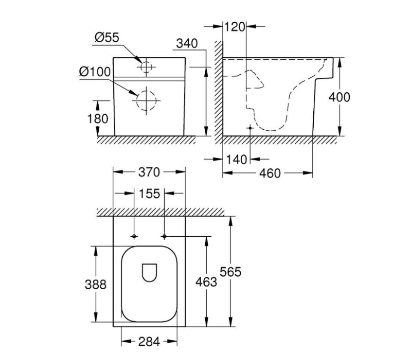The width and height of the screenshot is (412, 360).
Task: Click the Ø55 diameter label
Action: [106, 38]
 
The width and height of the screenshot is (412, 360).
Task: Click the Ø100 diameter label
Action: [95, 72]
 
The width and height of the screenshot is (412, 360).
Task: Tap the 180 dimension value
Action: [98, 118]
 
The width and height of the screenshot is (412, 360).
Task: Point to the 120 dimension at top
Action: [235, 27]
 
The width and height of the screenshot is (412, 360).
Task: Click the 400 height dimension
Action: [339, 97]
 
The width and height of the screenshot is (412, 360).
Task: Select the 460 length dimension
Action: [270, 173]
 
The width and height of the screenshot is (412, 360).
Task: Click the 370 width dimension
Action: [149, 172]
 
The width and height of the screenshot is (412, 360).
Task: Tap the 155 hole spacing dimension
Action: [149, 193]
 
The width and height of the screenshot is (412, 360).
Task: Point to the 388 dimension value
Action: [95, 284]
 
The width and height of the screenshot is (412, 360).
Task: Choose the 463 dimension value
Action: [206, 282]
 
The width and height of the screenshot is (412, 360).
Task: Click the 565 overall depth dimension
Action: [230, 272]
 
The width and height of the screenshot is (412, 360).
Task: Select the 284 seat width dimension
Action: [149, 342]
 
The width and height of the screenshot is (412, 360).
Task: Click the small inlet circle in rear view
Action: [146, 67]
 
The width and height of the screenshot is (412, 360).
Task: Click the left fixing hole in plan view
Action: [134, 237]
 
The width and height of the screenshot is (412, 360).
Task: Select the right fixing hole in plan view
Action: [164, 237]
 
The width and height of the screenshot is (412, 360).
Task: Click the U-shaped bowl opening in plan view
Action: [149, 272]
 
